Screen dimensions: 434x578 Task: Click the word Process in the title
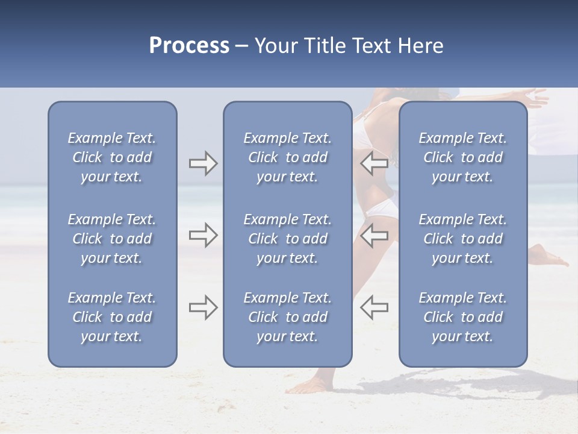189,46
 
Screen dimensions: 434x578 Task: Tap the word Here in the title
420,46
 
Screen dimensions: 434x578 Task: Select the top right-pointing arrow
203,163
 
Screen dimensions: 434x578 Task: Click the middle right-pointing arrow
203,235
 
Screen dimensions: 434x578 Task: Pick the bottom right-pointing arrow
203,307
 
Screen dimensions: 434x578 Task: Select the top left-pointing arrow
374,163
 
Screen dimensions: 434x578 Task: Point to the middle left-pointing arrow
374,235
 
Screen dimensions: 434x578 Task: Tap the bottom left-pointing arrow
374,307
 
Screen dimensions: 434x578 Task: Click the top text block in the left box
112,157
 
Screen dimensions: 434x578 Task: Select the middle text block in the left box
112,239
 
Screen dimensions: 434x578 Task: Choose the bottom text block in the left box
112,317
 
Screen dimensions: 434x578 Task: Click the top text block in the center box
287,157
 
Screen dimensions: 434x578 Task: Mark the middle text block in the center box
287,239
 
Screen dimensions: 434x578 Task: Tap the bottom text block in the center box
287,317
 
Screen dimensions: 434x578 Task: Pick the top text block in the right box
462,157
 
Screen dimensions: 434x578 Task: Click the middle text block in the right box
462,239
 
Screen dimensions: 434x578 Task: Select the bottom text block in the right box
462,317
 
